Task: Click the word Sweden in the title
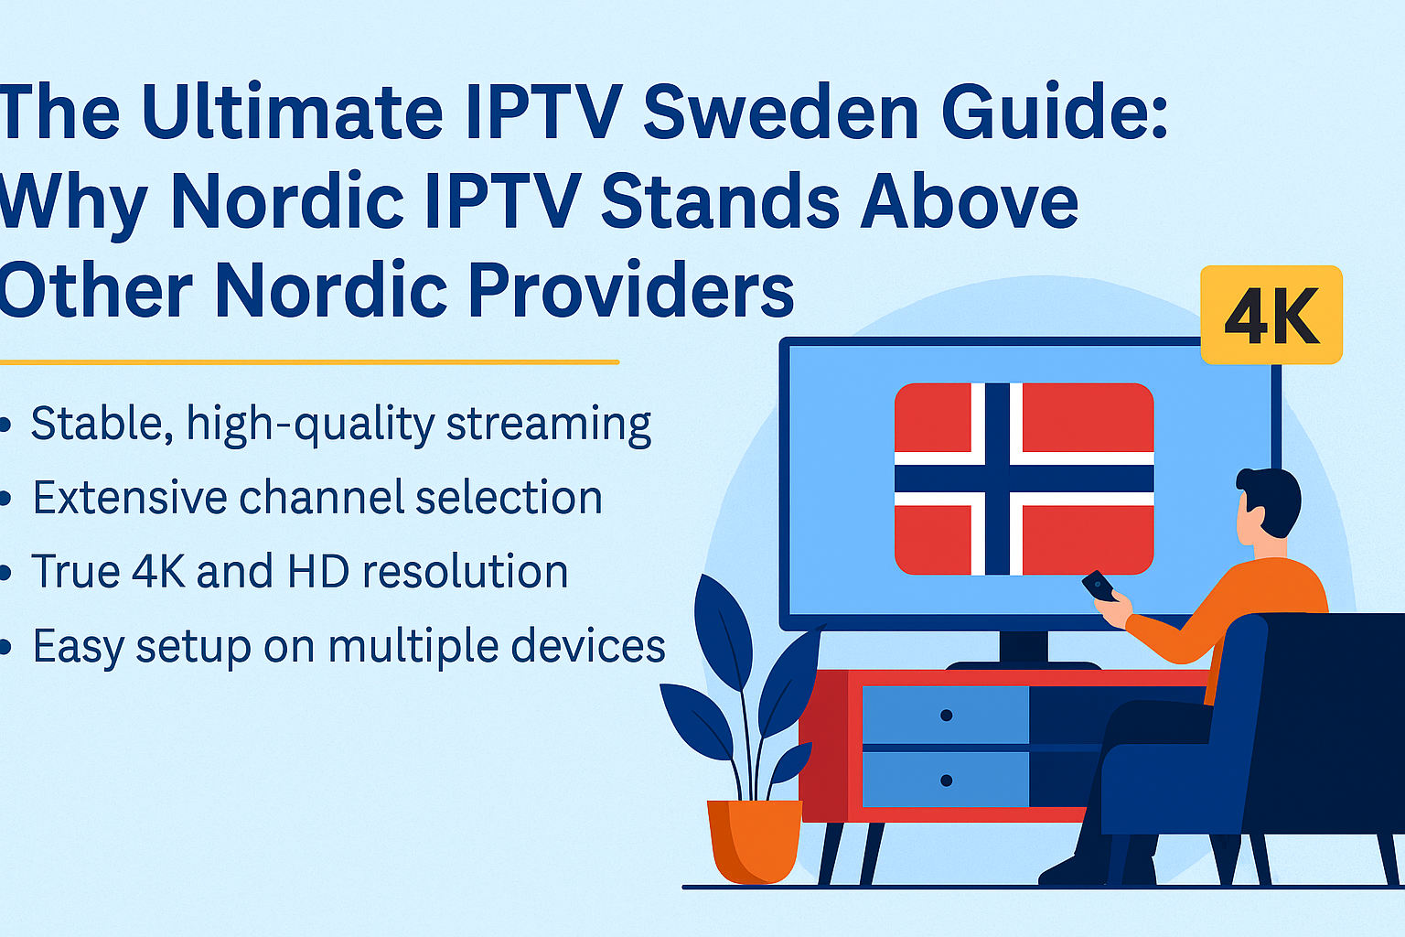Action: [781, 113]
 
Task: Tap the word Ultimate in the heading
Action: [292, 113]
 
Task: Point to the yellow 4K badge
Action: [1271, 315]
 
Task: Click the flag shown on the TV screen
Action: [1024, 479]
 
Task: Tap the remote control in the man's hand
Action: [1098, 586]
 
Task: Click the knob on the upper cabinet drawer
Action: [946, 715]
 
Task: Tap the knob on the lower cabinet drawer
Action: [946, 781]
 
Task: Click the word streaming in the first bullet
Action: [548, 425]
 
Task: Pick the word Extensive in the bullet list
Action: [129, 498]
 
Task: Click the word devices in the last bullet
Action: [588, 646]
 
